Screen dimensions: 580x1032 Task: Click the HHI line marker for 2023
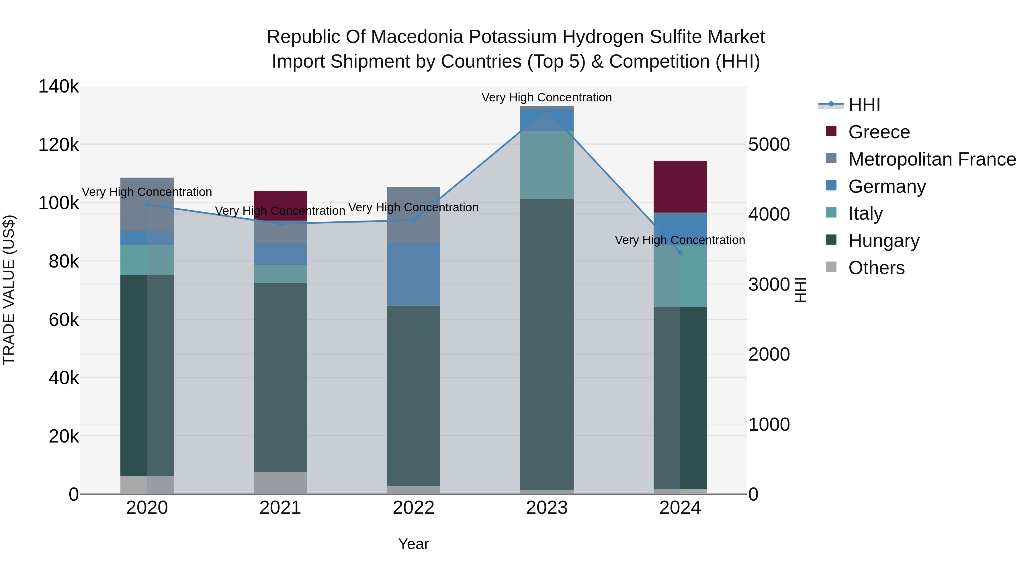tap(547, 109)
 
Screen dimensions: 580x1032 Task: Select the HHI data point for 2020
tap(147, 205)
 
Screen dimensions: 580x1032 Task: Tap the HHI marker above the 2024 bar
tap(680, 253)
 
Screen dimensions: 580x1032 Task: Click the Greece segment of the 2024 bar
tap(680, 186)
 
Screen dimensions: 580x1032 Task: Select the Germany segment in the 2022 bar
tap(413, 274)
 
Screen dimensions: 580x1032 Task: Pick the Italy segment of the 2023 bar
tap(547, 165)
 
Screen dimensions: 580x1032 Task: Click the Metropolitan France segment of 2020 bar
tap(147, 204)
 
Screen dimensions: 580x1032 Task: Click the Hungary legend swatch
tap(831, 240)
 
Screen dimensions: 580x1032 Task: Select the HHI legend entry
tap(864, 105)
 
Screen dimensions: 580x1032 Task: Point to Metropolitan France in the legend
tap(932, 159)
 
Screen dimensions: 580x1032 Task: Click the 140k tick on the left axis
tap(58, 86)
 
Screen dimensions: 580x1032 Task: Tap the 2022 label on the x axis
tap(413, 508)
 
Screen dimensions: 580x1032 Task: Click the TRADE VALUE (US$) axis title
tap(9, 290)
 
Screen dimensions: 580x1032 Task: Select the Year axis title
tap(413, 544)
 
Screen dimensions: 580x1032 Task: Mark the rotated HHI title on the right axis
tap(800, 290)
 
